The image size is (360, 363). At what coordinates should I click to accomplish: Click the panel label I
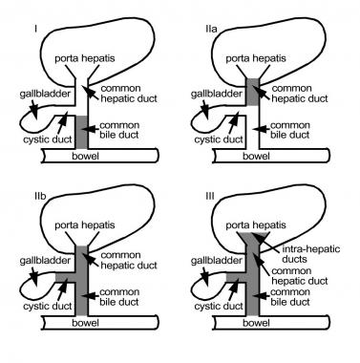pos(36,29)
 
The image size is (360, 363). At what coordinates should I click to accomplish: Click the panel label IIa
pos(211,29)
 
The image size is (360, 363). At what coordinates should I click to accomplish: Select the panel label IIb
pos(40,196)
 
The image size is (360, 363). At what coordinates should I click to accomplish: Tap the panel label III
pos(210,196)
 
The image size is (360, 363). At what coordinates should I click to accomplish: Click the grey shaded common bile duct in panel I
pos(81,132)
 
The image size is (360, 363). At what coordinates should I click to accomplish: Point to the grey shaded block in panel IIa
pos(253,92)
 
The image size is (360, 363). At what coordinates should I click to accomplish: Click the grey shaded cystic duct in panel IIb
pos(66,277)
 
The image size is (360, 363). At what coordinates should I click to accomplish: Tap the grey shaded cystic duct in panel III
pos(236,277)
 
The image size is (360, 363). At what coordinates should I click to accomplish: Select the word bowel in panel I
pos(86,157)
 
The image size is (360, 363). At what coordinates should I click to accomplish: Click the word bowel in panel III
pos(256,323)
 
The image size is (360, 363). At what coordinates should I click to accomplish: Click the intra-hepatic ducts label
pos(311,254)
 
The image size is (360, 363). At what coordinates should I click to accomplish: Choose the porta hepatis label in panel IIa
pos(256,58)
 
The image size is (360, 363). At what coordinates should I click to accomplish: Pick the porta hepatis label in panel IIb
pos(85,225)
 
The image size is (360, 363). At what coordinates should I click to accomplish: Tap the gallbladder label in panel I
pos(45,94)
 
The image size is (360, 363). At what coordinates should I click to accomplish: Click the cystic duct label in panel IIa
pos(219,139)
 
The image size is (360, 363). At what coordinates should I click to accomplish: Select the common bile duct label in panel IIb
pos(119,297)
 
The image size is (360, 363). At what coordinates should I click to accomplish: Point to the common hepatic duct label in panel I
pos(129,94)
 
